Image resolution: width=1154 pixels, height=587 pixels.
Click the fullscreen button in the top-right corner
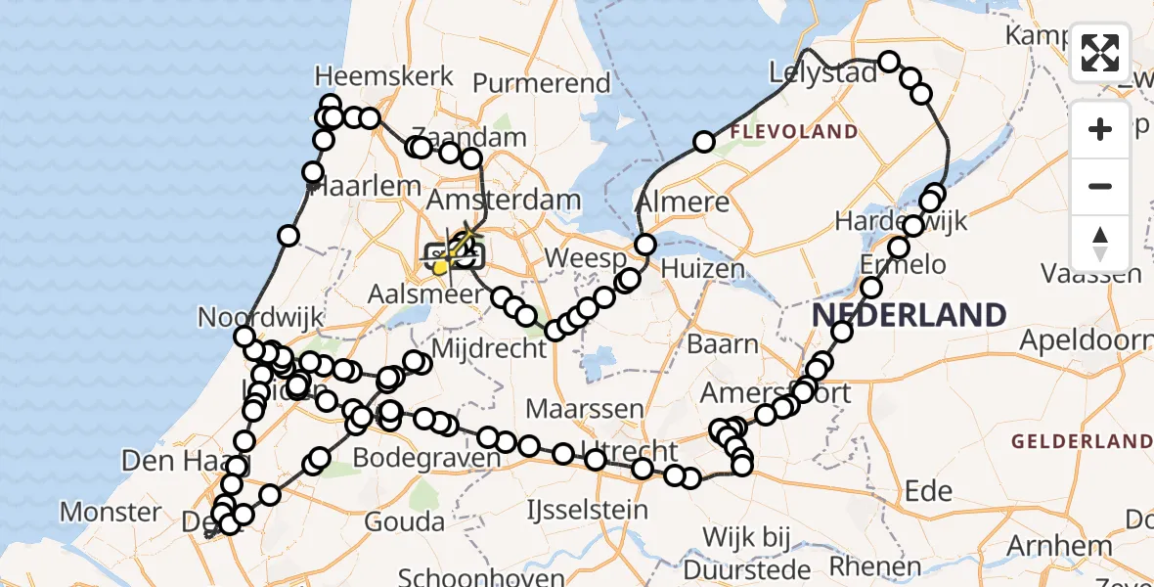tap(1100, 53)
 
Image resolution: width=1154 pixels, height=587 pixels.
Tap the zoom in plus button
tap(1100, 129)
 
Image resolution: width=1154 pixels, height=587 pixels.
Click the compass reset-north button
tap(1100, 243)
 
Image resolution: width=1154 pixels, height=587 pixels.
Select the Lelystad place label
tap(822, 73)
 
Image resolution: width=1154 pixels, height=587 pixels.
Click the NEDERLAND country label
tap(909, 315)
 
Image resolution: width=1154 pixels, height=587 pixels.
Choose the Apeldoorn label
tap(1086, 340)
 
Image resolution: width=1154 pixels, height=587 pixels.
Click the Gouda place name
tap(405, 521)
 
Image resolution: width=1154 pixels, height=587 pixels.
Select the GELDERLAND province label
tap(1082, 441)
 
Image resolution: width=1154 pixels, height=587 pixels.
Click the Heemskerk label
tap(383, 76)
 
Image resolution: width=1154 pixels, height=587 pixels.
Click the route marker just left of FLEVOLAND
tap(704, 143)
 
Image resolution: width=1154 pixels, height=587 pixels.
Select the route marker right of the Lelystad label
tap(888, 63)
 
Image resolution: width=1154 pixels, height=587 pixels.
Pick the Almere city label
tap(683, 203)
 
